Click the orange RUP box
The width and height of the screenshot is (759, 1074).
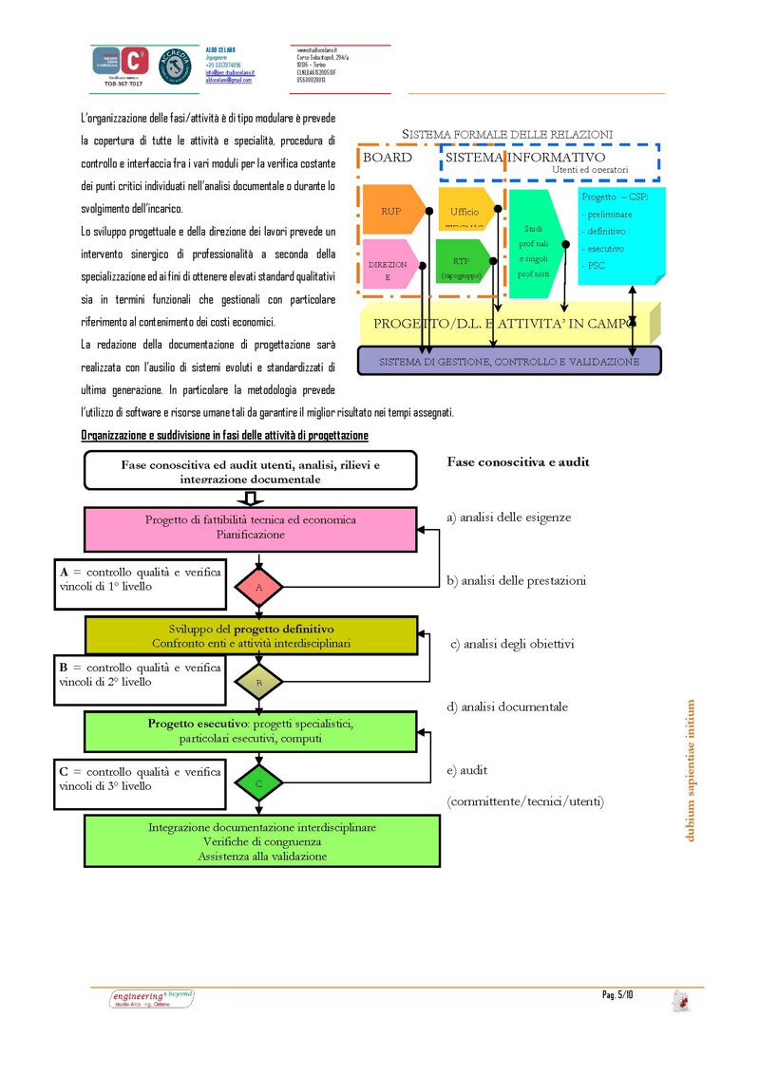[x=389, y=210]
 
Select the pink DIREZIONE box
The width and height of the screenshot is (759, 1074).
[x=389, y=269]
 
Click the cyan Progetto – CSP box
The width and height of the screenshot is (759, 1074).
[x=619, y=234]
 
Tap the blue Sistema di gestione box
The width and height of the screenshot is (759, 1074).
[x=508, y=362]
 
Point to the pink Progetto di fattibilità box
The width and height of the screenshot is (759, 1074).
[x=251, y=527]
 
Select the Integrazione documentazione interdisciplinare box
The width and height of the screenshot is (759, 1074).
[x=262, y=840]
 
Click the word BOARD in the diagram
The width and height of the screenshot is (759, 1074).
[x=388, y=158]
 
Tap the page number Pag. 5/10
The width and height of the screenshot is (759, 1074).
[x=617, y=994]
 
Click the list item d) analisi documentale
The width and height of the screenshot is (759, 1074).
[x=507, y=707]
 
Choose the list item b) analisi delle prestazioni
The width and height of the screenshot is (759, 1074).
[x=516, y=580]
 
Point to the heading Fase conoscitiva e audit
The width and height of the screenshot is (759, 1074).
[x=518, y=462]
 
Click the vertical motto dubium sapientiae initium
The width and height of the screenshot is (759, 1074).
[x=691, y=770]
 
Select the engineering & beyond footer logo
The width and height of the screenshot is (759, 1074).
[x=152, y=998]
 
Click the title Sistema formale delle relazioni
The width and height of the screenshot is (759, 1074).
[x=507, y=134]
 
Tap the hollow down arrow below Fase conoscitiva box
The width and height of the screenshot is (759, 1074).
[x=251, y=499]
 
